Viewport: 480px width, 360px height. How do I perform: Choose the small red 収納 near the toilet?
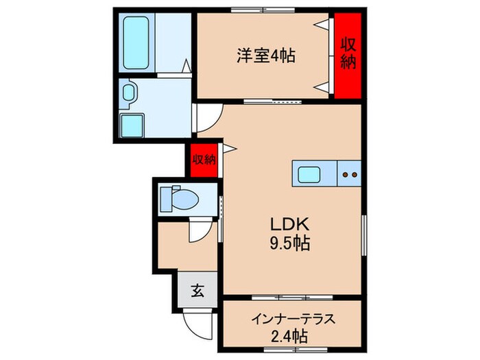(204, 160)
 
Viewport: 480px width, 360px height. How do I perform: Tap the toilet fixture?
(180, 200)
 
